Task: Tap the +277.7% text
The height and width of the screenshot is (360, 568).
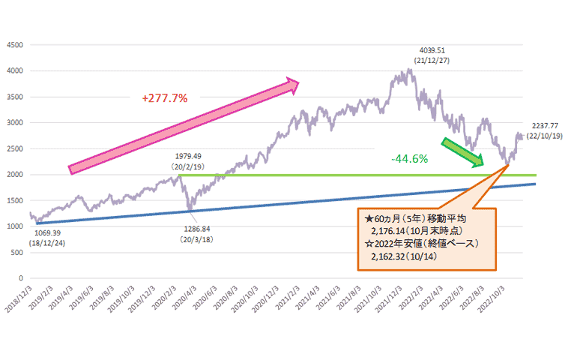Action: pos(164,97)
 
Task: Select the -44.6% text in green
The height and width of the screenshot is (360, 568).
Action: pos(409,158)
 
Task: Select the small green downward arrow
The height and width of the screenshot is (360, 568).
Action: pos(462,151)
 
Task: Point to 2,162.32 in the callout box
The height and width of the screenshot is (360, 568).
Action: pos(392,256)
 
